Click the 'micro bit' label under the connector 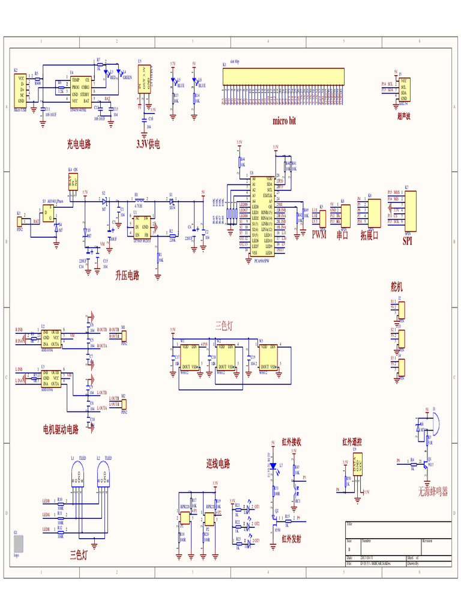tap(284, 121)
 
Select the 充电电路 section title tap(79, 144)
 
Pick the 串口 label tap(342, 235)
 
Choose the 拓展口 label tap(369, 235)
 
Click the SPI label tap(408, 241)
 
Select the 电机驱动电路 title tap(61, 429)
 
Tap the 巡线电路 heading tap(218, 464)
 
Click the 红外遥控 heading tap(352, 443)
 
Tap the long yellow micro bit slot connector tap(284, 76)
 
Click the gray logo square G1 tap(19, 544)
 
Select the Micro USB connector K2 tap(22, 90)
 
